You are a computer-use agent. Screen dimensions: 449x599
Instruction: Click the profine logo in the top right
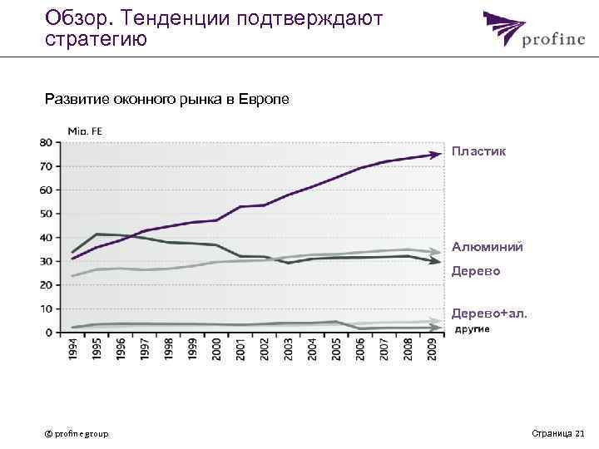[x=528, y=32]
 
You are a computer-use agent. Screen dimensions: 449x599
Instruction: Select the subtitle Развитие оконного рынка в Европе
[x=166, y=100]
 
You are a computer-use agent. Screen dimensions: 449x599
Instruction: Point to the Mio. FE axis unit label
[x=84, y=131]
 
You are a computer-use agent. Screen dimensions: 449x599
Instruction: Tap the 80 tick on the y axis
[x=45, y=142]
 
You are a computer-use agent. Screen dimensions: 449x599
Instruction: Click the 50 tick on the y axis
[x=45, y=214]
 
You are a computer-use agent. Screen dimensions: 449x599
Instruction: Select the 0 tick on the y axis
[x=48, y=332]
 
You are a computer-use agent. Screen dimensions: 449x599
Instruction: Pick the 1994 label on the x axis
[x=74, y=349]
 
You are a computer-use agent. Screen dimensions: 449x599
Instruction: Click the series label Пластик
[x=478, y=152]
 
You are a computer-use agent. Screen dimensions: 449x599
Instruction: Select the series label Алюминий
[x=487, y=247]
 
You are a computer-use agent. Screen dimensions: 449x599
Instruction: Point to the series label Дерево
[x=476, y=271]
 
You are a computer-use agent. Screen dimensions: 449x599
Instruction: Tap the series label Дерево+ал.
[x=489, y=314]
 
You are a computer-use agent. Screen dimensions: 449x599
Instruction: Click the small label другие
[x=472, y=329]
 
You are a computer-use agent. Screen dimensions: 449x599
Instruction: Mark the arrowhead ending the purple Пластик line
[x=436, y=154]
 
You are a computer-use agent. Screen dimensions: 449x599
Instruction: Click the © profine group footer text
[x=77, y=433]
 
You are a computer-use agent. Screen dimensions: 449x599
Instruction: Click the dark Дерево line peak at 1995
[x=97, y=234]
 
